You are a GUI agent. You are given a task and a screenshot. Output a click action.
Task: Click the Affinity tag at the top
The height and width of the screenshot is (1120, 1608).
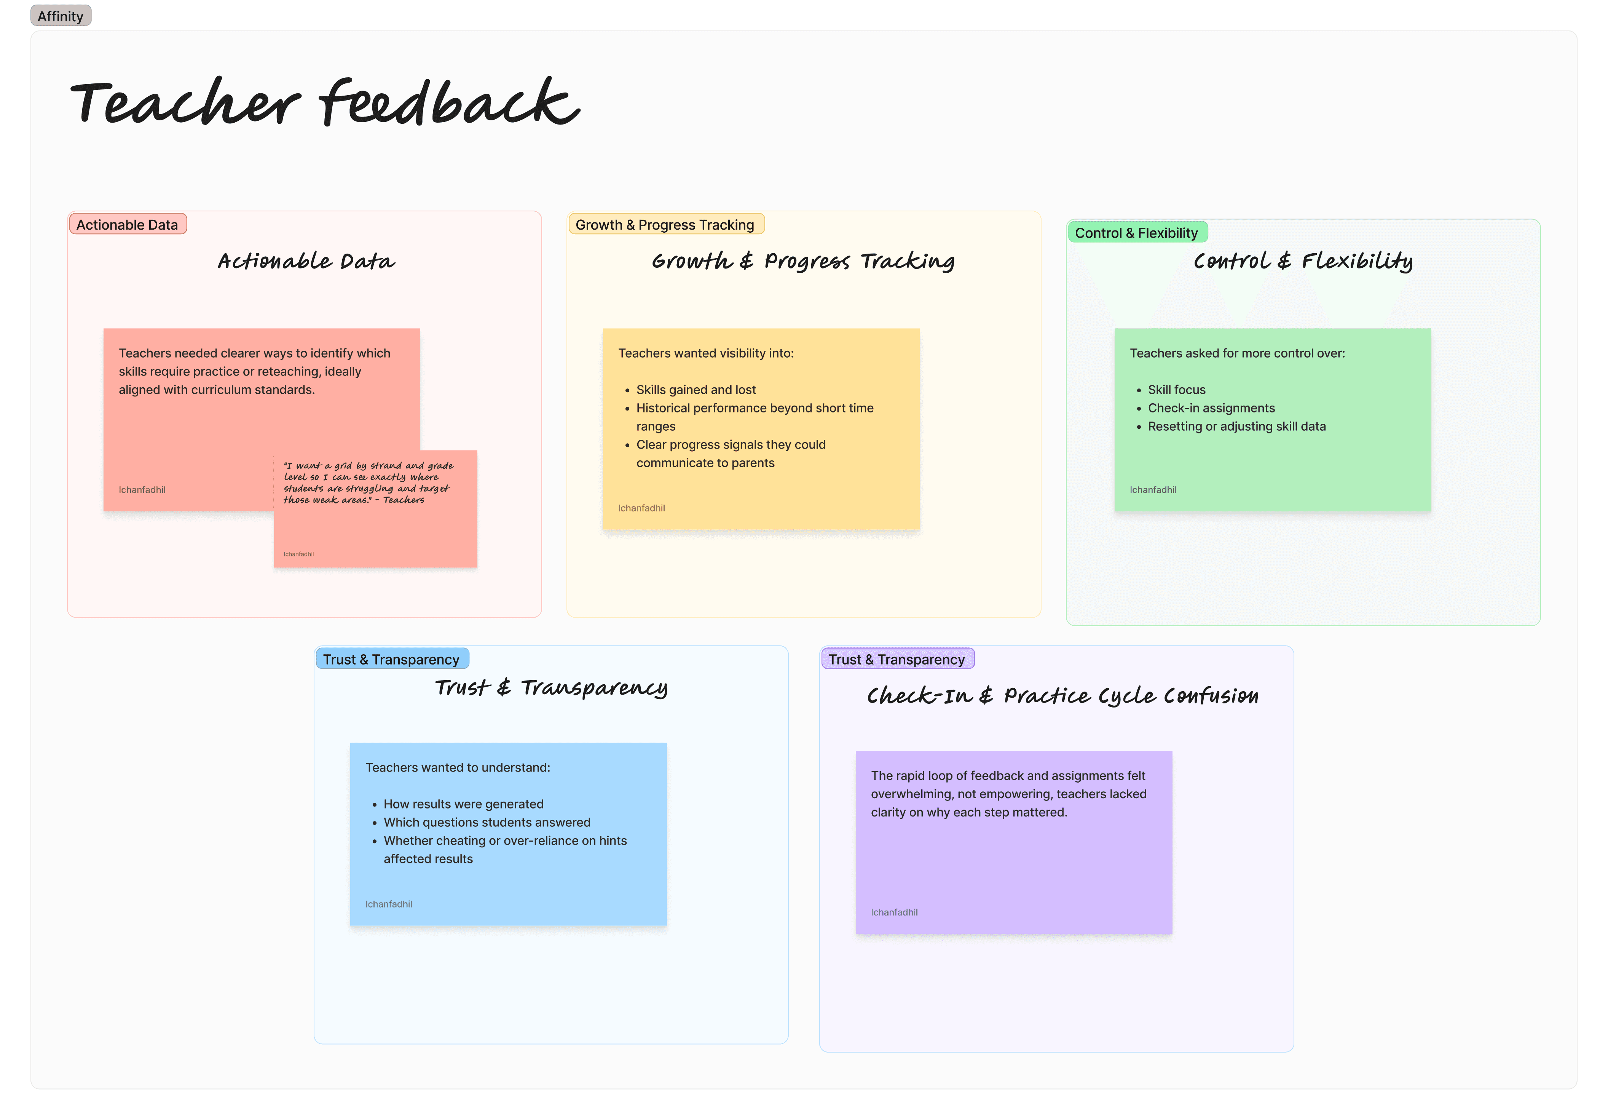[60, 16]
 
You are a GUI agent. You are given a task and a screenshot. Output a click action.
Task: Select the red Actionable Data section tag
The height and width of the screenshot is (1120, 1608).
[128, 225]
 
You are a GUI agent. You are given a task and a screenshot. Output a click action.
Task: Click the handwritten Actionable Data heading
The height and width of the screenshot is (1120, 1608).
[306, 261]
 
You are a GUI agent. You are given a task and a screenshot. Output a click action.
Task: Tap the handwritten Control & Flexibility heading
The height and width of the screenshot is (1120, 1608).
[1303, 261]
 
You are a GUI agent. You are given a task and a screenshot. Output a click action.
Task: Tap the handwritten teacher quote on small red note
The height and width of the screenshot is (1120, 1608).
[368, 483]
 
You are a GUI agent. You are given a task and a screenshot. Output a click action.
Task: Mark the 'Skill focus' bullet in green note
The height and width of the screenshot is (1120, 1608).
[1177, 390]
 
